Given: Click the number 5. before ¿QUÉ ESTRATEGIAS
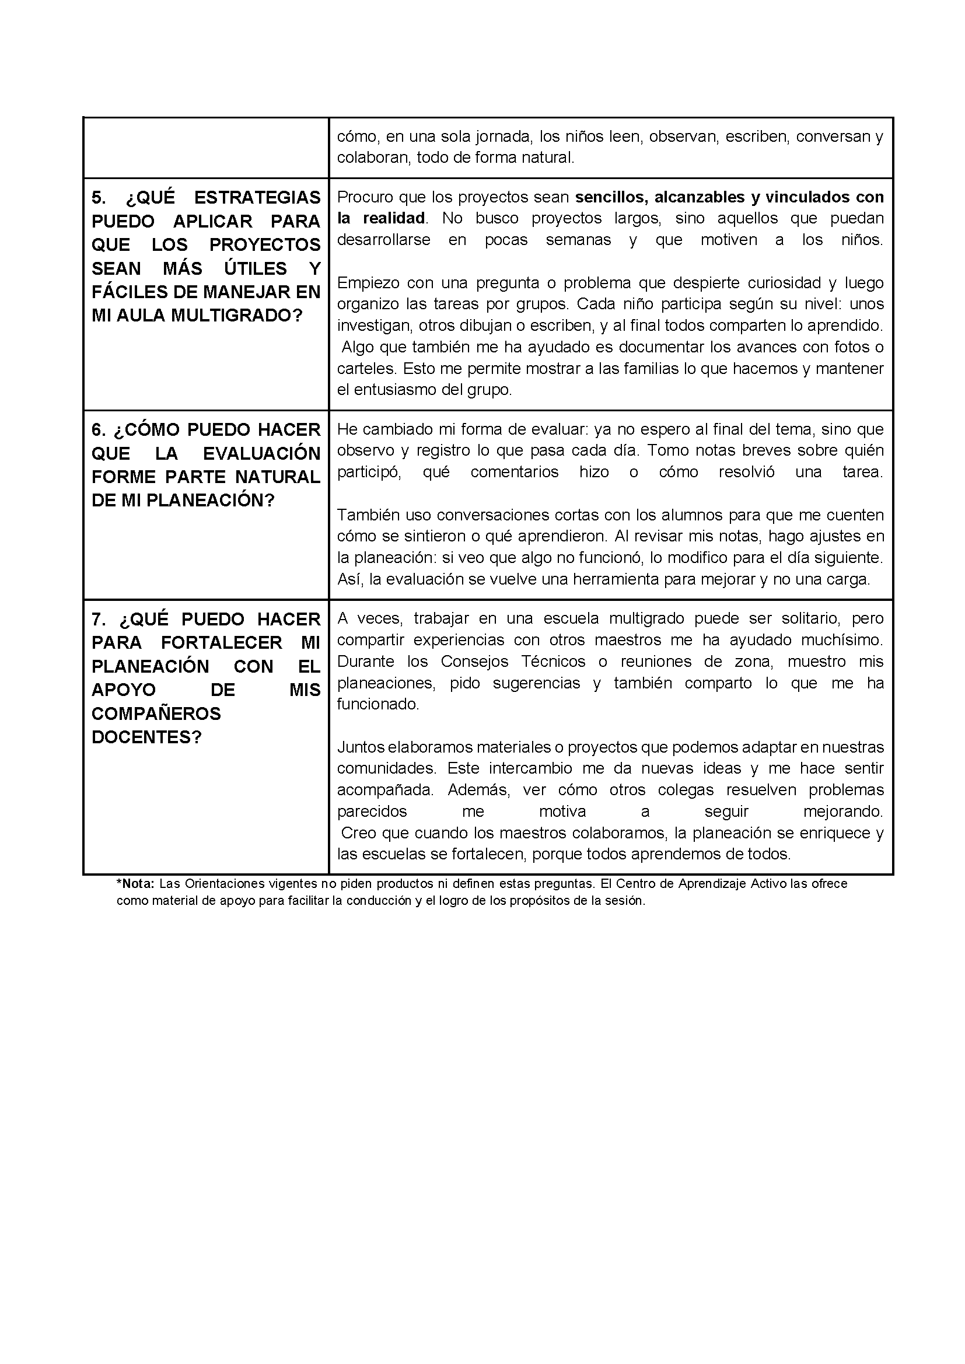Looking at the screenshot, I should [x=99, y=198].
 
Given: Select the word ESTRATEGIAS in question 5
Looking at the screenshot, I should [x=257, y=198].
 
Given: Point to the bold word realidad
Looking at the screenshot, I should [x=394, y=218].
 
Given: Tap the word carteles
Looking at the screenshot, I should [x=366, y=369].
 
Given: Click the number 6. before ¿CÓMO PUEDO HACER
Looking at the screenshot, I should [x=99, y=429].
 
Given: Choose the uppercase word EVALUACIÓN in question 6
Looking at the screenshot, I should [x=261, y=453].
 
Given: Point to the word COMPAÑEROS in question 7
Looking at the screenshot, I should [x=156, y=714].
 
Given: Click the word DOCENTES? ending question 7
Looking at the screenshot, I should [x=147, y=737].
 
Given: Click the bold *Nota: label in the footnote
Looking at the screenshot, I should [x=135, y=883].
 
